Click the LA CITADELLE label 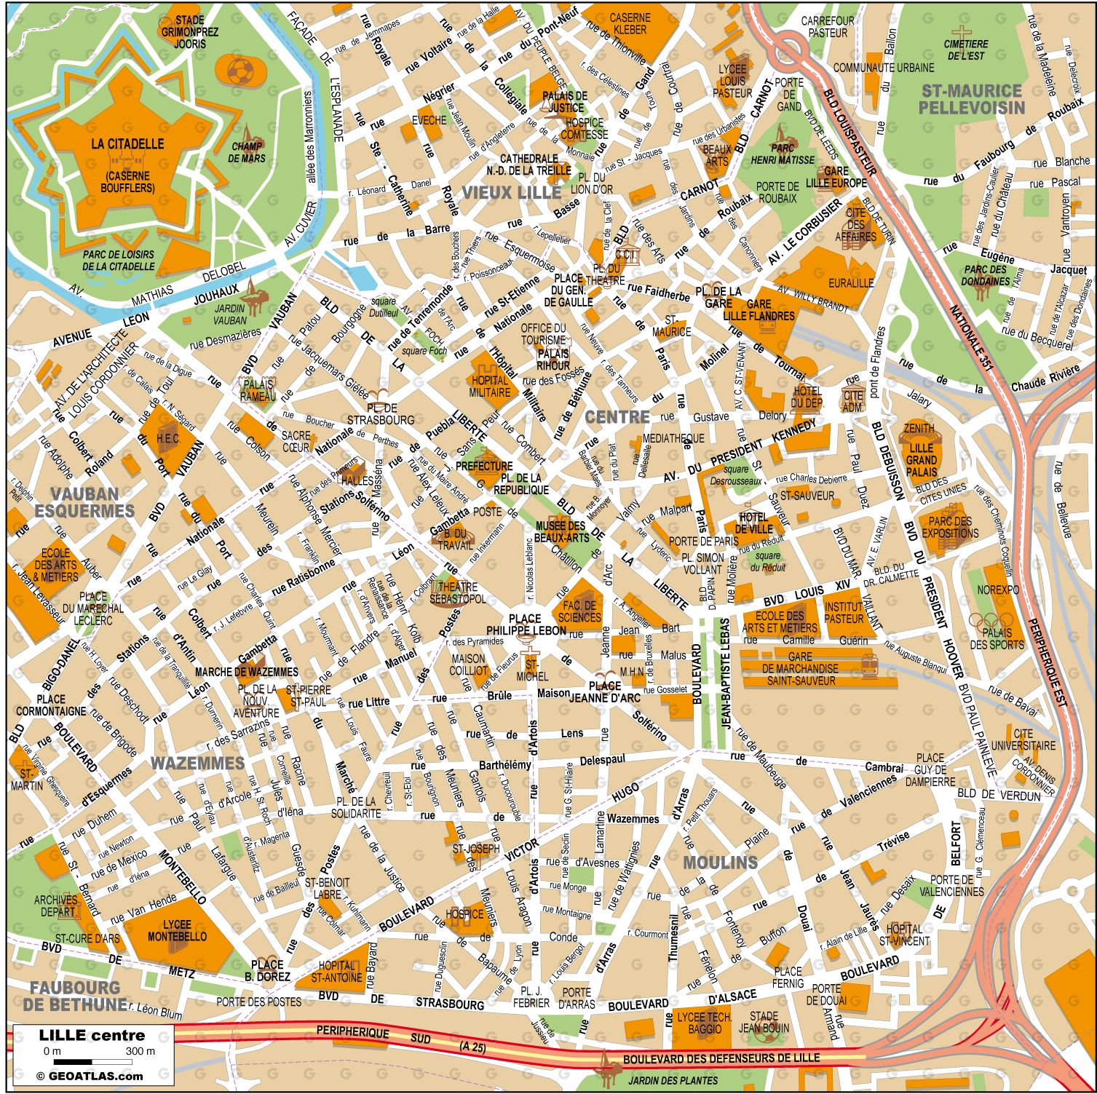127,144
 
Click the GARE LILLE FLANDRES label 759,310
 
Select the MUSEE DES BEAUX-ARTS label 560,531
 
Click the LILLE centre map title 92,1035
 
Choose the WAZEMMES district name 197,763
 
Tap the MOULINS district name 721,863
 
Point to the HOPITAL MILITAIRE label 490,387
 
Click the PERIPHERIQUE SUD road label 364,1034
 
